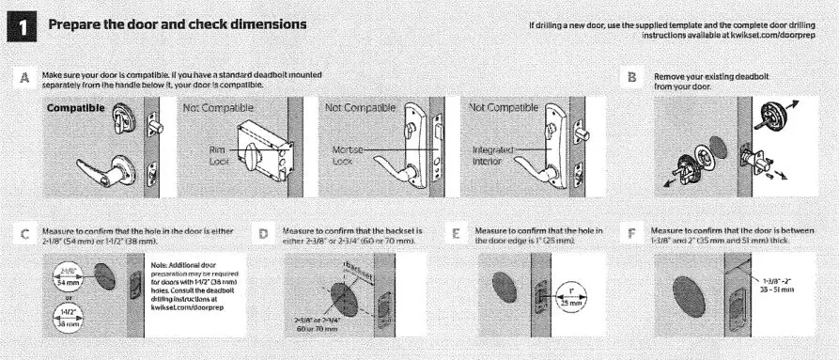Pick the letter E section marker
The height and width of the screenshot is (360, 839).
tap(458, 231)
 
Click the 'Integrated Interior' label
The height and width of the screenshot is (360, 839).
tap(489, 156)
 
